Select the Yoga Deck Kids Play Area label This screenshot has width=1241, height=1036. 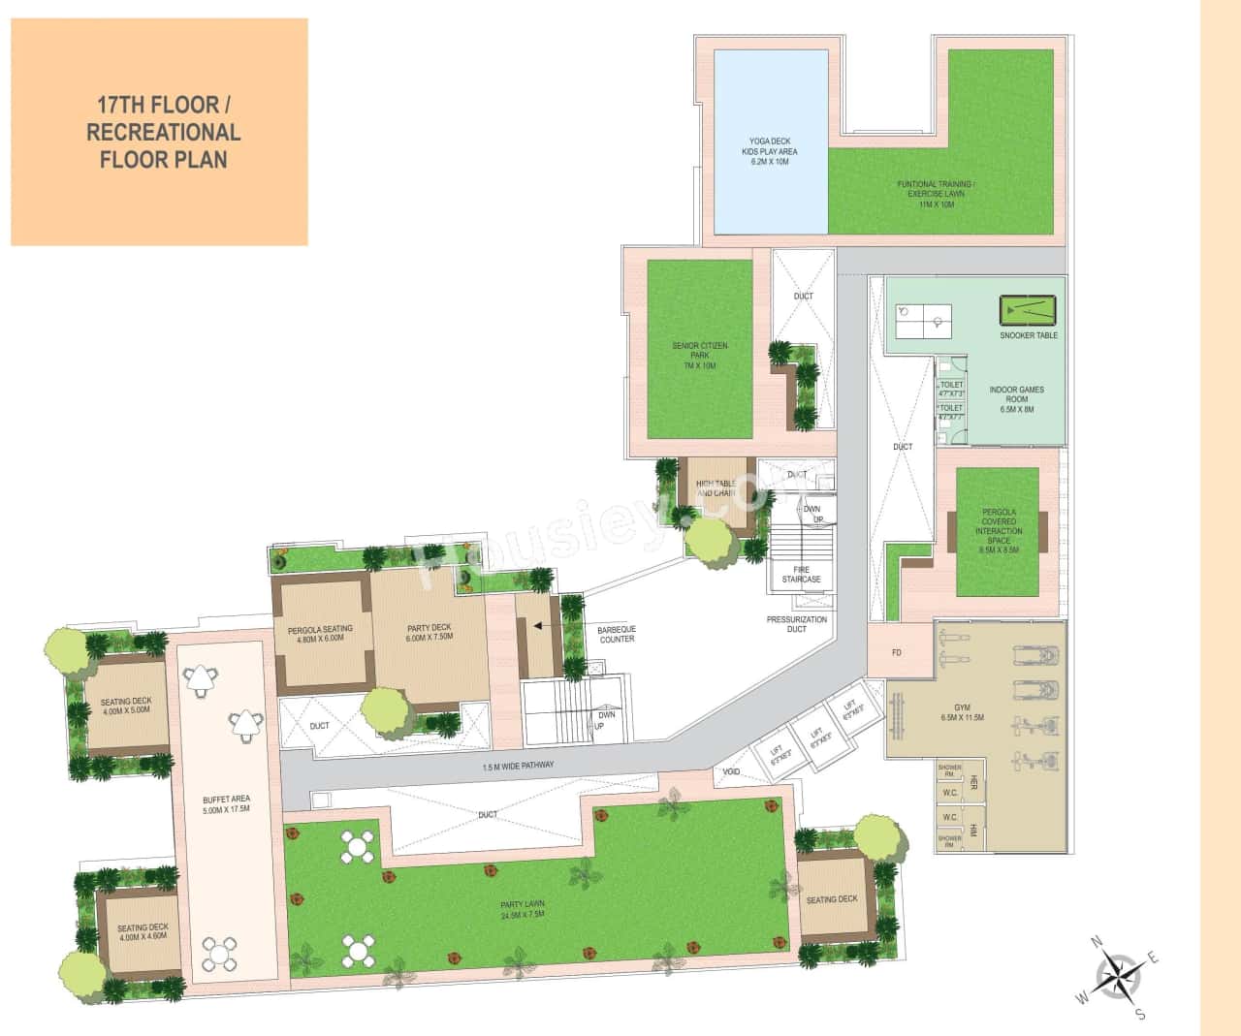click(x=772, y=151)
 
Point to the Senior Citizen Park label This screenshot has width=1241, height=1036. click(x=699, y=356)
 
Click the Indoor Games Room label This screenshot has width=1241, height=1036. click(x=1016, y=399)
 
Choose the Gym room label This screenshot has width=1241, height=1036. click(x=962, y=717)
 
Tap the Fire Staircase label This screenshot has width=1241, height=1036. click(x=801, y=574)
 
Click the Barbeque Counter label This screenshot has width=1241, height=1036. click(x=617, y=634)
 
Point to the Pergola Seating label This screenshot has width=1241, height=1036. click(x=320, y=633)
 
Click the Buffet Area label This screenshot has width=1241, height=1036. click(x=226, y=803)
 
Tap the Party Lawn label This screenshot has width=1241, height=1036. click(x=523, y=911)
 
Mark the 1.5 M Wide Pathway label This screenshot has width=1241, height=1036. click(x=518, y=766)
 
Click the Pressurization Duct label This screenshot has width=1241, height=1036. click(x=796, y=624)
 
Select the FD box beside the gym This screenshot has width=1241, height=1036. click(x=897, y=653)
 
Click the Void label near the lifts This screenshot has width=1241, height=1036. click(x=732, y=772)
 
